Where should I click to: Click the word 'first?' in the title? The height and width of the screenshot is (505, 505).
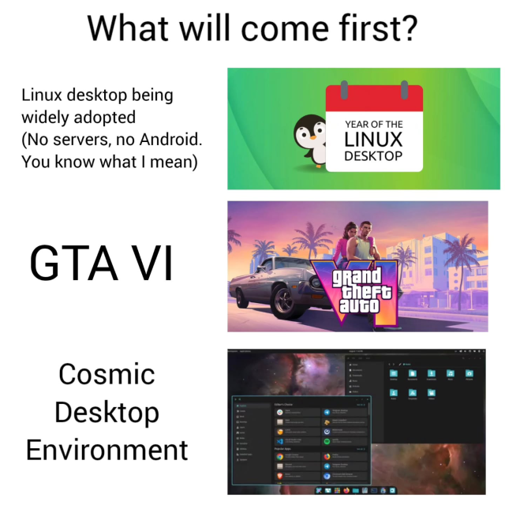pos(370,29)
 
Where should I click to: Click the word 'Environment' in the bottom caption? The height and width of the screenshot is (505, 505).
pos(107,450)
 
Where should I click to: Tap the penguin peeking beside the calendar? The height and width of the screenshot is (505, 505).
pos(309,137)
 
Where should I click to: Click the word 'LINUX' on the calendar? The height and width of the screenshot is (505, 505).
pos(373,139)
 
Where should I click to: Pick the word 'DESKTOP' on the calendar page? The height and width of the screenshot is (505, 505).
pos(373,155)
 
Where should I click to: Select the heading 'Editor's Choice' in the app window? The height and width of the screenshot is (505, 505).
pos(286,404)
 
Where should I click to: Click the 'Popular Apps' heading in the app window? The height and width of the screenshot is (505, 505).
pos(284,448)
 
